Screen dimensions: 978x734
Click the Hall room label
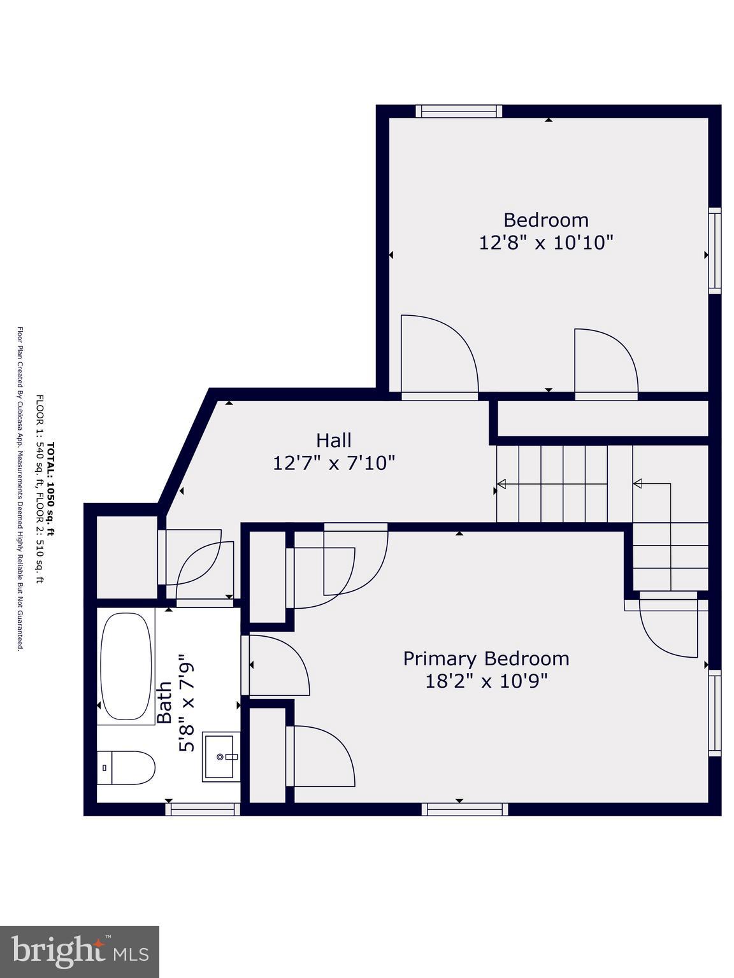(334, 440)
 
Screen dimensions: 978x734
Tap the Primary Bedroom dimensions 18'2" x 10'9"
(486, 681)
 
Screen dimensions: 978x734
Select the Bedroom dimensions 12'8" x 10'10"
(546, 243)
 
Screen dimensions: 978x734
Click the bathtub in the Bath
(126, 666)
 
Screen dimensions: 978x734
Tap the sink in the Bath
(220, 756)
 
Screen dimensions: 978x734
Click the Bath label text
(164, 702)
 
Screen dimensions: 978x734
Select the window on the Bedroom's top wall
(459, 111)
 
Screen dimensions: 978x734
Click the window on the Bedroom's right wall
(715, 251)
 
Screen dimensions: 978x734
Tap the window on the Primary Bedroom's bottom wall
(464, 809)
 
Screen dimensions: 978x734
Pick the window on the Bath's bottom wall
(203, 809)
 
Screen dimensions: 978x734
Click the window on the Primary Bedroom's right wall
(715, 712)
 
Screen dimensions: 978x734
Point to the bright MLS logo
(80, 952)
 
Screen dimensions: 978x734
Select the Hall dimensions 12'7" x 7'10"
(334, 463)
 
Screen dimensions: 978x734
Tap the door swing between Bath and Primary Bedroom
(277, 665)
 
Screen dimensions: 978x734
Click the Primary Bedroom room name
(486, 658)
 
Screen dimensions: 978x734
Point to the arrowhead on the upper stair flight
(501, 484)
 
